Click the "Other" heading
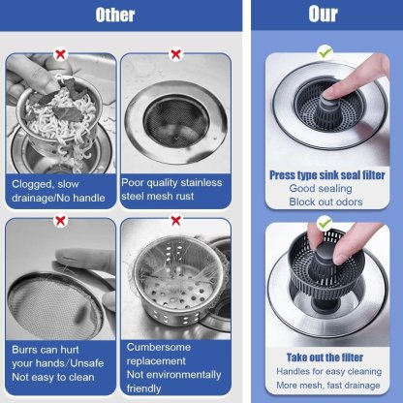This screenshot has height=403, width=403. (x=117, y=15)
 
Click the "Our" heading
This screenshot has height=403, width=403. (x=323, y=15)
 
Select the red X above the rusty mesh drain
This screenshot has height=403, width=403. (x=174, y=55)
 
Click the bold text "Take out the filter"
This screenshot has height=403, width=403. (x=324, y=356)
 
